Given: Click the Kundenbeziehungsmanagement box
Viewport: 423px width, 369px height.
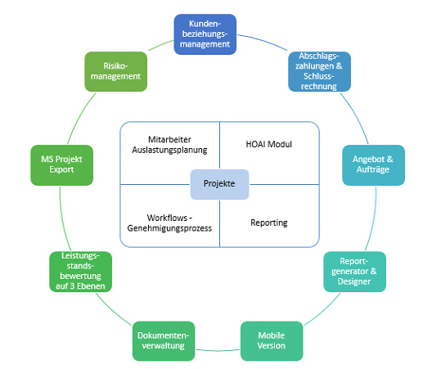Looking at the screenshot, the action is click(x=205, y=34).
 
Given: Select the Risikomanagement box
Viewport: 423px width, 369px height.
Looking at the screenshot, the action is click(x=116, y=71).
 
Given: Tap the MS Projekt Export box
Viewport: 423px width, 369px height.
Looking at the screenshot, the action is click(x=62, y=165).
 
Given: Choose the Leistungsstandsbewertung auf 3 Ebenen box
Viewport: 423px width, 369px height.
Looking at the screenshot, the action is click(x=81, y=272).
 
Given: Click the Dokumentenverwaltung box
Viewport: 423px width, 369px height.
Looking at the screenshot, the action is click(x=164, y=341).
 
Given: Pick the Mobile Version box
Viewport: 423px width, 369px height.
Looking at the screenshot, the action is click(x=272, y=341).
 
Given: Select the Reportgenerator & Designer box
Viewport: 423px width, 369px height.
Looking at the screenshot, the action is click(x=354, y=272).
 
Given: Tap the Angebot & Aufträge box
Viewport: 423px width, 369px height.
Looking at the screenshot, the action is click(x=373, y=165).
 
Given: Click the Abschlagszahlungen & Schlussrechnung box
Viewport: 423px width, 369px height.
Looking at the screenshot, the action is click(x=319, y=71).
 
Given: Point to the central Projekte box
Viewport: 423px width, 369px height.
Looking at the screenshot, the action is click(x=219, y=184).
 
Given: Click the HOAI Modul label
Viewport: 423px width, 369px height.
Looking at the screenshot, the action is click(x=269, y=144).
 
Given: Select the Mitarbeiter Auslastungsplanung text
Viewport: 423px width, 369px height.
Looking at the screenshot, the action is click(x=169, y=145).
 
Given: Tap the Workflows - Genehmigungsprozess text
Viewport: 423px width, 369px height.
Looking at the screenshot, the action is click(x=169, y=223).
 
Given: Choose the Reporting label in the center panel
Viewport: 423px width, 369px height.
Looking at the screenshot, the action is click(x=269, y=223).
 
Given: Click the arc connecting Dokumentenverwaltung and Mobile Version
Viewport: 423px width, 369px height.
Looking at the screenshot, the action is click(x=218, y=350).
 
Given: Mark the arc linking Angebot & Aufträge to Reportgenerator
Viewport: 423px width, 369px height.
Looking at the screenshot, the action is click(x=373, y=219).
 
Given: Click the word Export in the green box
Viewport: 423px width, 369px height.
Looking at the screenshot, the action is click(x=61, y=169).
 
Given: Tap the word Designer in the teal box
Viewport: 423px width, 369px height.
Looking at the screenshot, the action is click(x=354, y=281).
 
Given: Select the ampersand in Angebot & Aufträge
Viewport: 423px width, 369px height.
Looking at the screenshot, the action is click(x=390, y=159).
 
